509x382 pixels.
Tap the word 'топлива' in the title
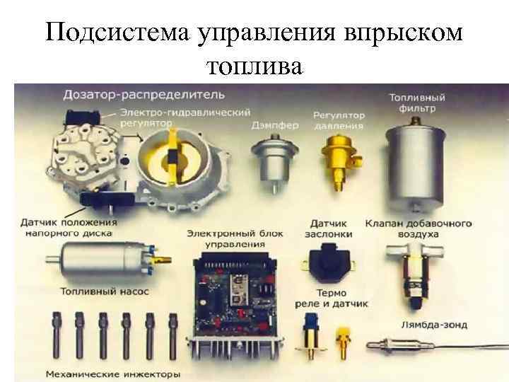(x=255, y=66)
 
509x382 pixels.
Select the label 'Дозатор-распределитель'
(x=144, y=95)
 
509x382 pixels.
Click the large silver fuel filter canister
(x=415, y=166)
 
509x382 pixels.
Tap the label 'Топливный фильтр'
(x=417, y=103)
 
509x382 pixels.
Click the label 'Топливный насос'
(x=105, y=291)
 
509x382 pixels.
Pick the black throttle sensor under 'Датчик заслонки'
(x=328, y=262)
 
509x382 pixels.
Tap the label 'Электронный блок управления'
(x=235, y=239)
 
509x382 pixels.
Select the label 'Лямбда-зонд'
(x=434, y=325)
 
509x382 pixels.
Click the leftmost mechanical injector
(x=57, y=335)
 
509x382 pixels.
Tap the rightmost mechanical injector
(x=172, y=336)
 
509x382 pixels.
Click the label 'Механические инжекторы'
(x=113, y=374)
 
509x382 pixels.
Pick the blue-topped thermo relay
(x=310, y=335)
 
